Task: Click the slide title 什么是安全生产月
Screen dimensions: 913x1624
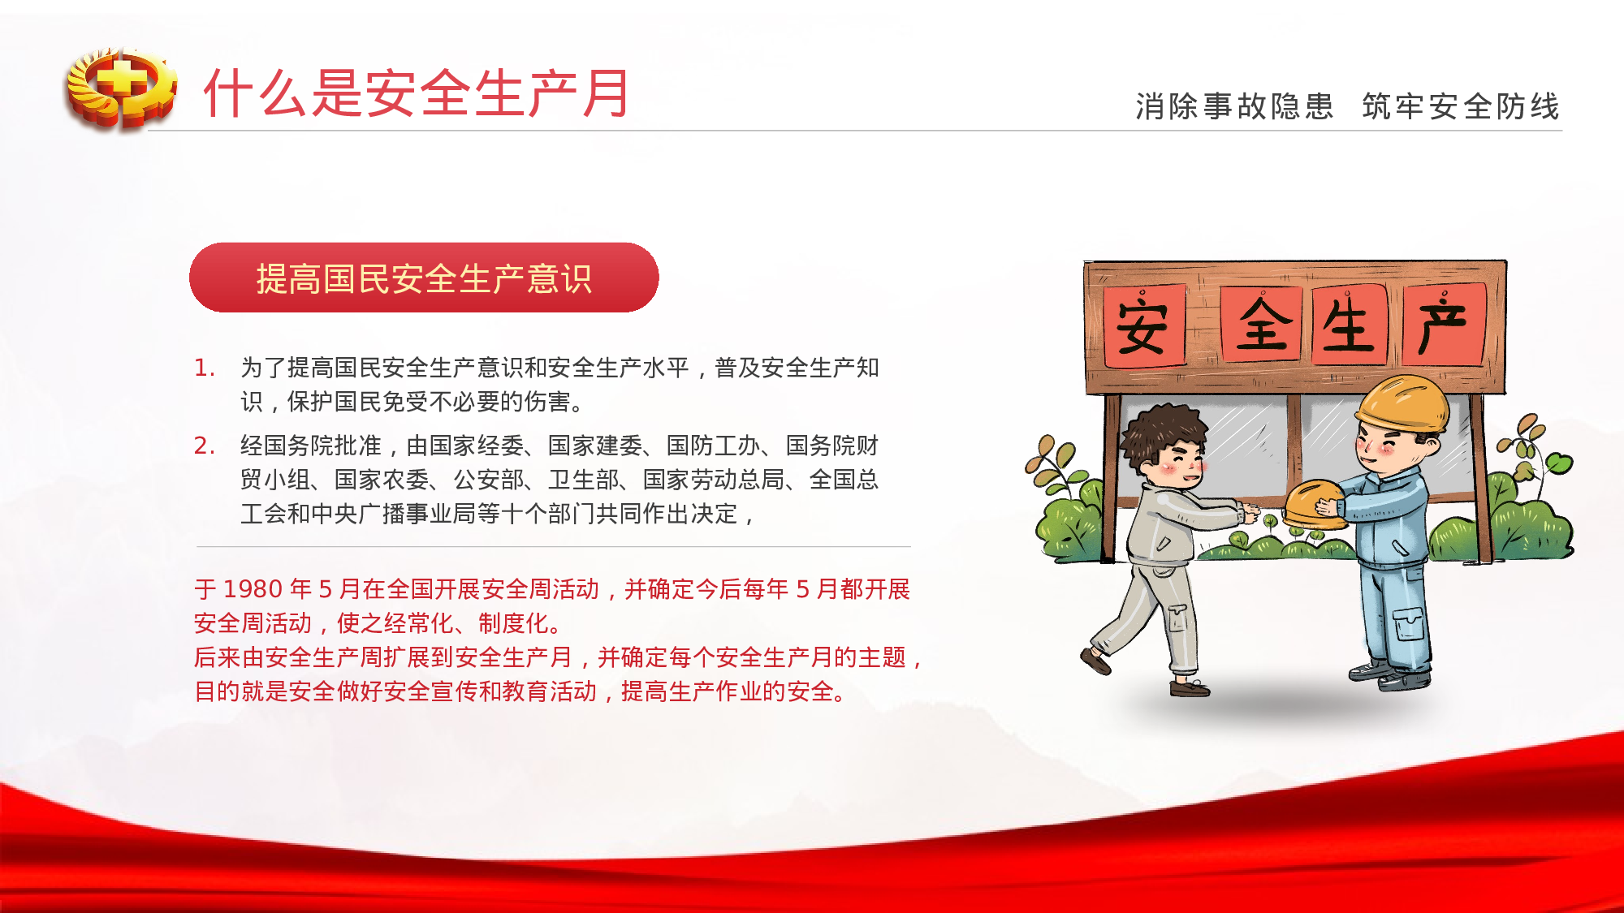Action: tap(417, 93)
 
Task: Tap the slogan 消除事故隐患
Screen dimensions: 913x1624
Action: tap(1234, 106)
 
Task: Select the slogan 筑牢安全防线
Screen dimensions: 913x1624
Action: tap(1461, 106)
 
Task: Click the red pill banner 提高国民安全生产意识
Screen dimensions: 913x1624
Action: tap(424, 278)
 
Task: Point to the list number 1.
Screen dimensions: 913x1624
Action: tap(204, 368)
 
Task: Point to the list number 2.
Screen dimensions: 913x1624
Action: tap(204, 446)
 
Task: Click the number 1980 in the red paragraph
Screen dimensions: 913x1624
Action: tap(253, 589)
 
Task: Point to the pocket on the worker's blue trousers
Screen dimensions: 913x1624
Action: tap(1409, 625)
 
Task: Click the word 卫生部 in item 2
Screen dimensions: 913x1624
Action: tap(583, 480)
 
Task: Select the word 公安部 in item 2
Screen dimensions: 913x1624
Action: tap(489, 480)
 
